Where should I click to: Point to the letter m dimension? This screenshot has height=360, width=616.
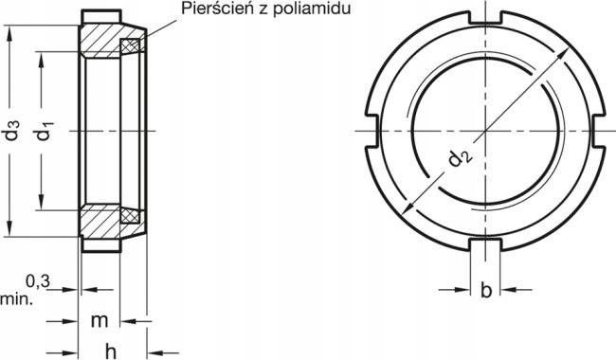[100, 321]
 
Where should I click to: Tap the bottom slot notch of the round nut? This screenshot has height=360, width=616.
[485, 243]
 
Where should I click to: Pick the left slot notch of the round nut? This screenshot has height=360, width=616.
[372, 130]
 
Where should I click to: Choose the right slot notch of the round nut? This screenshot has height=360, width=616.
[597, 130]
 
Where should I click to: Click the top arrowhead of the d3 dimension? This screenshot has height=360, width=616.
[11, 30]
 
